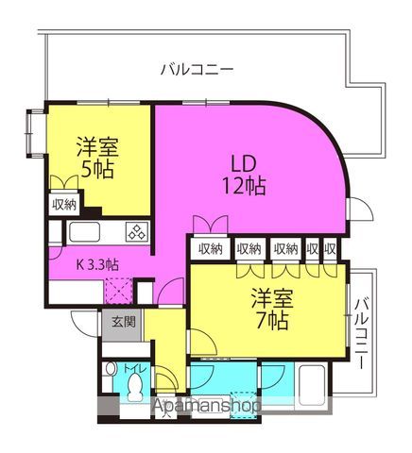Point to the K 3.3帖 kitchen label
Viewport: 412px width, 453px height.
coord(98,265)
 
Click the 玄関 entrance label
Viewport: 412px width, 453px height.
coord(124,322)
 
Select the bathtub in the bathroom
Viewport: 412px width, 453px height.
coord(311,385)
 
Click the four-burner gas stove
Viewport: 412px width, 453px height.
coord(137,232)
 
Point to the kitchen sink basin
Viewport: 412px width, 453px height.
coord(84,232)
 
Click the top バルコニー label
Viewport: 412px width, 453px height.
coord(197,70)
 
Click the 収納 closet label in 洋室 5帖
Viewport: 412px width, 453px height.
coord(64,205)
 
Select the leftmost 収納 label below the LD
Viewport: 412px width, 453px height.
coord(211,249)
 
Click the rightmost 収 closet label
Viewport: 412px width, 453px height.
coord(330,249)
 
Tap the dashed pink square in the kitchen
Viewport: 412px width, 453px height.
coord(119,291)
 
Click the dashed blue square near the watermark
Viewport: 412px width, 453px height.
coord(244,405)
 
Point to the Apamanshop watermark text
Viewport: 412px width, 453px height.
coord(206,406)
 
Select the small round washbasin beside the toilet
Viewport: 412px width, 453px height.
coord(110,369)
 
